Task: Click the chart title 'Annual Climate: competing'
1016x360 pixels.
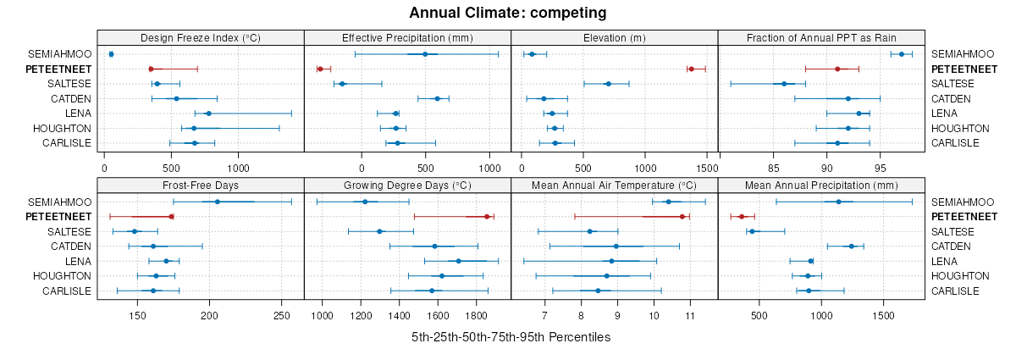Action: (x=508, y=13)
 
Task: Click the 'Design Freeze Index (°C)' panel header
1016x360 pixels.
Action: (x=201, y=37)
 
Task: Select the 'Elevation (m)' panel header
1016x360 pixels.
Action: (x=615, y=37)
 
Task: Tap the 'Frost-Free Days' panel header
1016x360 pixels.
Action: (x=201, y=186)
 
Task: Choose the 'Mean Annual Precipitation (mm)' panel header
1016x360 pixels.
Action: (x=821, y=186)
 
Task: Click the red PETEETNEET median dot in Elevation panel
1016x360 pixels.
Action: (x=691, y=69)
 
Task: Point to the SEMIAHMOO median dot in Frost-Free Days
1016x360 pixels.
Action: (x=218, y=202)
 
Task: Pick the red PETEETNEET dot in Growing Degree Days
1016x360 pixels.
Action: (x=487, y=217)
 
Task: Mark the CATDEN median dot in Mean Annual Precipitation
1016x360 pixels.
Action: (x=852, y=246)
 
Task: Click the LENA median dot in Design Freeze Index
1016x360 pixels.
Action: (x=208, y=114)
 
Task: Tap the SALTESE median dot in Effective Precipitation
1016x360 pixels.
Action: (x=342, y=84)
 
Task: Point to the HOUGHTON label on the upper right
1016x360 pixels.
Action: (x=960, y=128)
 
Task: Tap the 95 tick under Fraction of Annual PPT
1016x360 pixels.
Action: (x=881, y=156)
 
